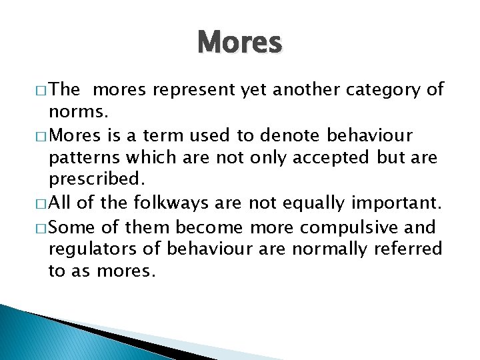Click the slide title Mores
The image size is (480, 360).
click(240, 42)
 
